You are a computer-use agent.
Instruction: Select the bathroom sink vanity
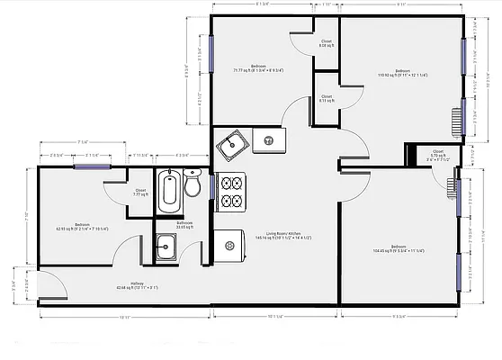(x=166, y=247)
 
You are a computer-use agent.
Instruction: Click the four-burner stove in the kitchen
(x=231, y=192)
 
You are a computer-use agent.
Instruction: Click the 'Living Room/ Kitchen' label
(x=275, y=236)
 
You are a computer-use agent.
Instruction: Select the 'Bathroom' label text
(x=184, y=224)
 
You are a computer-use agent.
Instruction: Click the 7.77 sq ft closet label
(x=140, y=193)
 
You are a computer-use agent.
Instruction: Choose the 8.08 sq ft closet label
(x=326, y=44)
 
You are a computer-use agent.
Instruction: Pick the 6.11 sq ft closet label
(x=326, y=98)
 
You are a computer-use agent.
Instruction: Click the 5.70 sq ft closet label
(x=437, y=155)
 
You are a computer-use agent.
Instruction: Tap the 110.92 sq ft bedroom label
(x=401, y=74)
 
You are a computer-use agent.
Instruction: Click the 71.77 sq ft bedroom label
(x=258, y=68)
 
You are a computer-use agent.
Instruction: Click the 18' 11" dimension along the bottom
(x=123, y=317)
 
